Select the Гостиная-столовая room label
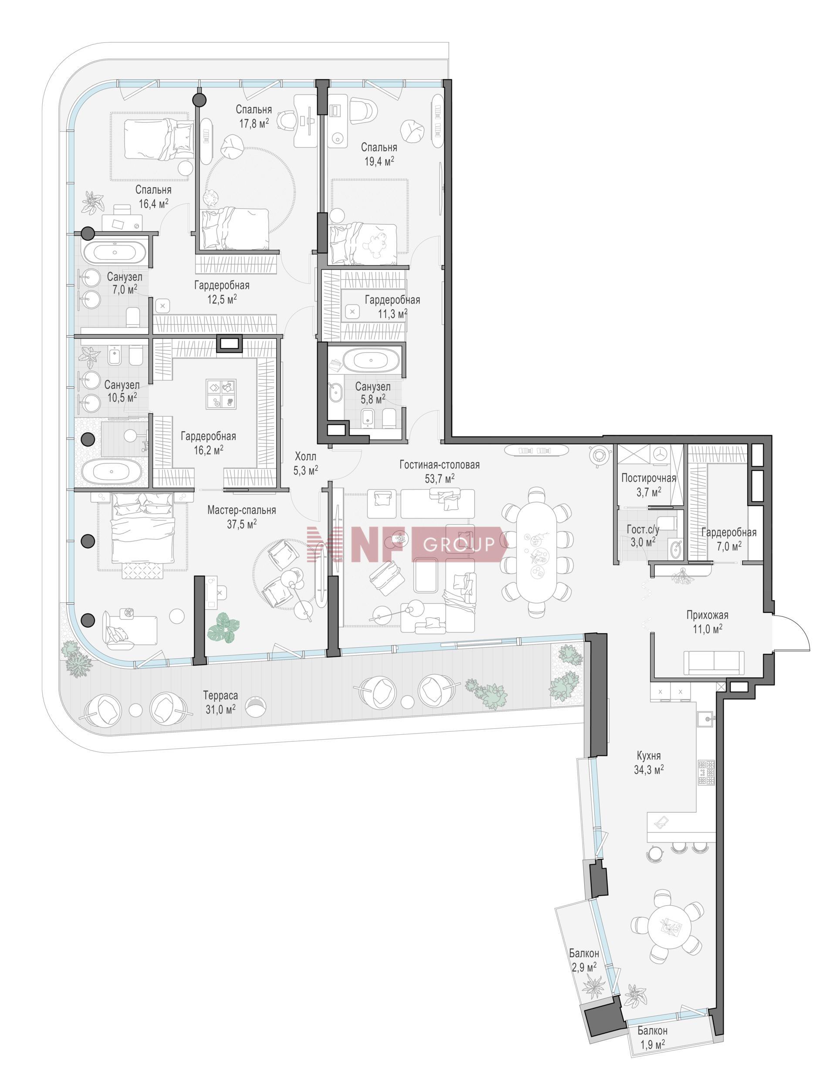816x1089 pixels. click(439, 464)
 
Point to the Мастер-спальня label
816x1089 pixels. click(241, 510)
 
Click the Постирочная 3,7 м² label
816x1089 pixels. click(648, 484)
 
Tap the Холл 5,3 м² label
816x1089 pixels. click(305, 463)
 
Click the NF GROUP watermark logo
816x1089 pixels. click(405, 544)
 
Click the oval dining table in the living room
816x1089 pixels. click(536, 551)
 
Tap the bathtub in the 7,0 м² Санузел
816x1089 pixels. click(115, 253)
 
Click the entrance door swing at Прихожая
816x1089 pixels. click(789, 632)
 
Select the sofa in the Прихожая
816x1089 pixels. click(714, 662)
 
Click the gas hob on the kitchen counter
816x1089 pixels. click(706, 772)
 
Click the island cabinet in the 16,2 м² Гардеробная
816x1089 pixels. click(220, 394)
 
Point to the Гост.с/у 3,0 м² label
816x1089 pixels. click(642, 535)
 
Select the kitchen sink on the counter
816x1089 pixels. click(706, 718)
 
